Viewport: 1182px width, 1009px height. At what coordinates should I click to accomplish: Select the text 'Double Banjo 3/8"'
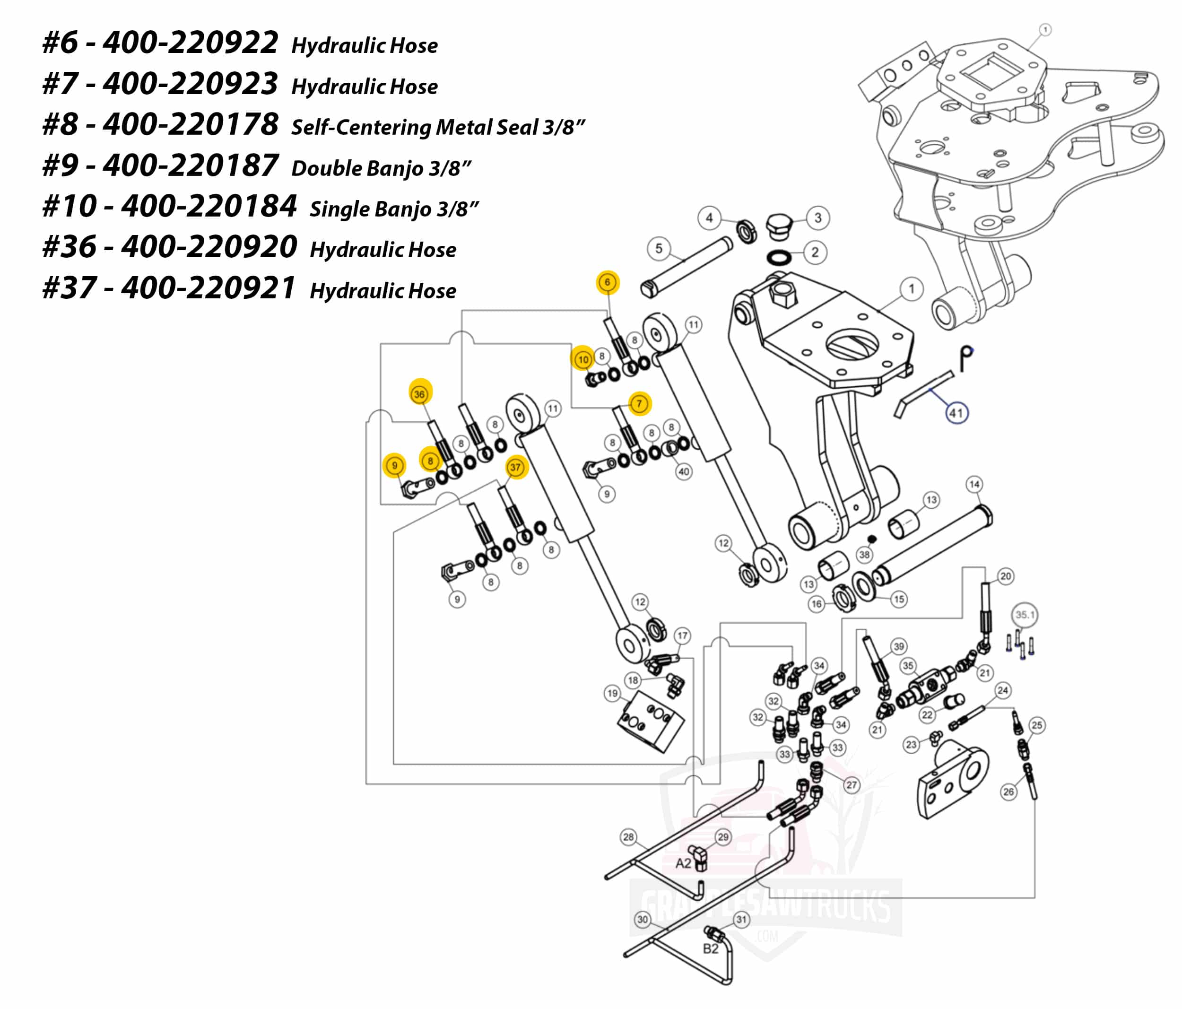click(x=381, y=168)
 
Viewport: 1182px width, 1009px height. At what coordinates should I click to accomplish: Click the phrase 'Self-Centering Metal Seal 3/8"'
click(x=438, y=127)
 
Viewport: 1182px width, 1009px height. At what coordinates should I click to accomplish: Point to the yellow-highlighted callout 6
click(x=607, y=282)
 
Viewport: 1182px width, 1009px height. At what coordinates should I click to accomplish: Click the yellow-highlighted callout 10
click(x=582, y=360)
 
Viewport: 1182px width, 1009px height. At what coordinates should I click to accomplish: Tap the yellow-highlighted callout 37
click(x=516, y=468)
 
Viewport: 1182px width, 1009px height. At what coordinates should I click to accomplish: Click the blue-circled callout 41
click(x=956, y=413)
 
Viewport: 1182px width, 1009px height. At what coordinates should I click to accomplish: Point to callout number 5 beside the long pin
click(x=659, y=249)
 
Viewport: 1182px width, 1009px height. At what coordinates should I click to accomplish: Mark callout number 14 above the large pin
click(x=974, y=484)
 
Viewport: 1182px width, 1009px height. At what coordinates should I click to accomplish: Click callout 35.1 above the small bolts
click(x=1025, y=615)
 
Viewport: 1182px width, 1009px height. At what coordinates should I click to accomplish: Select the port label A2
click(x=683, y=863)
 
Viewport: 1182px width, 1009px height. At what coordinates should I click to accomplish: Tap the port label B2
click(x=710, y=948)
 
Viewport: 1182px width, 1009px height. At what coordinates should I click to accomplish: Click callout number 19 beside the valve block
click(x=612, y=694)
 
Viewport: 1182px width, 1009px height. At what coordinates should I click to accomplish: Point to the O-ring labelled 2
click(x=779, y=257)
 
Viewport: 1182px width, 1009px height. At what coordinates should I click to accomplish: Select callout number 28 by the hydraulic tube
click(x=628, y=837)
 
